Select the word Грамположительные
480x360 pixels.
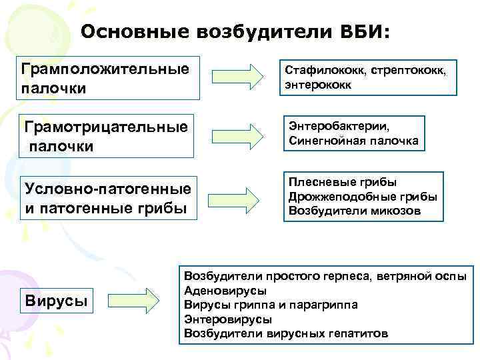(105, 69)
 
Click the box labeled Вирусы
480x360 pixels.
(56, 300)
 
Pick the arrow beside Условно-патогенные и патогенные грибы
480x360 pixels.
(239, 198)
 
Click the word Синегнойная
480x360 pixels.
(327, 141)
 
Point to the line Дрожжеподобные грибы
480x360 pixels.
(363, 197)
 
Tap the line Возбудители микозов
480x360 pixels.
(355, 211)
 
